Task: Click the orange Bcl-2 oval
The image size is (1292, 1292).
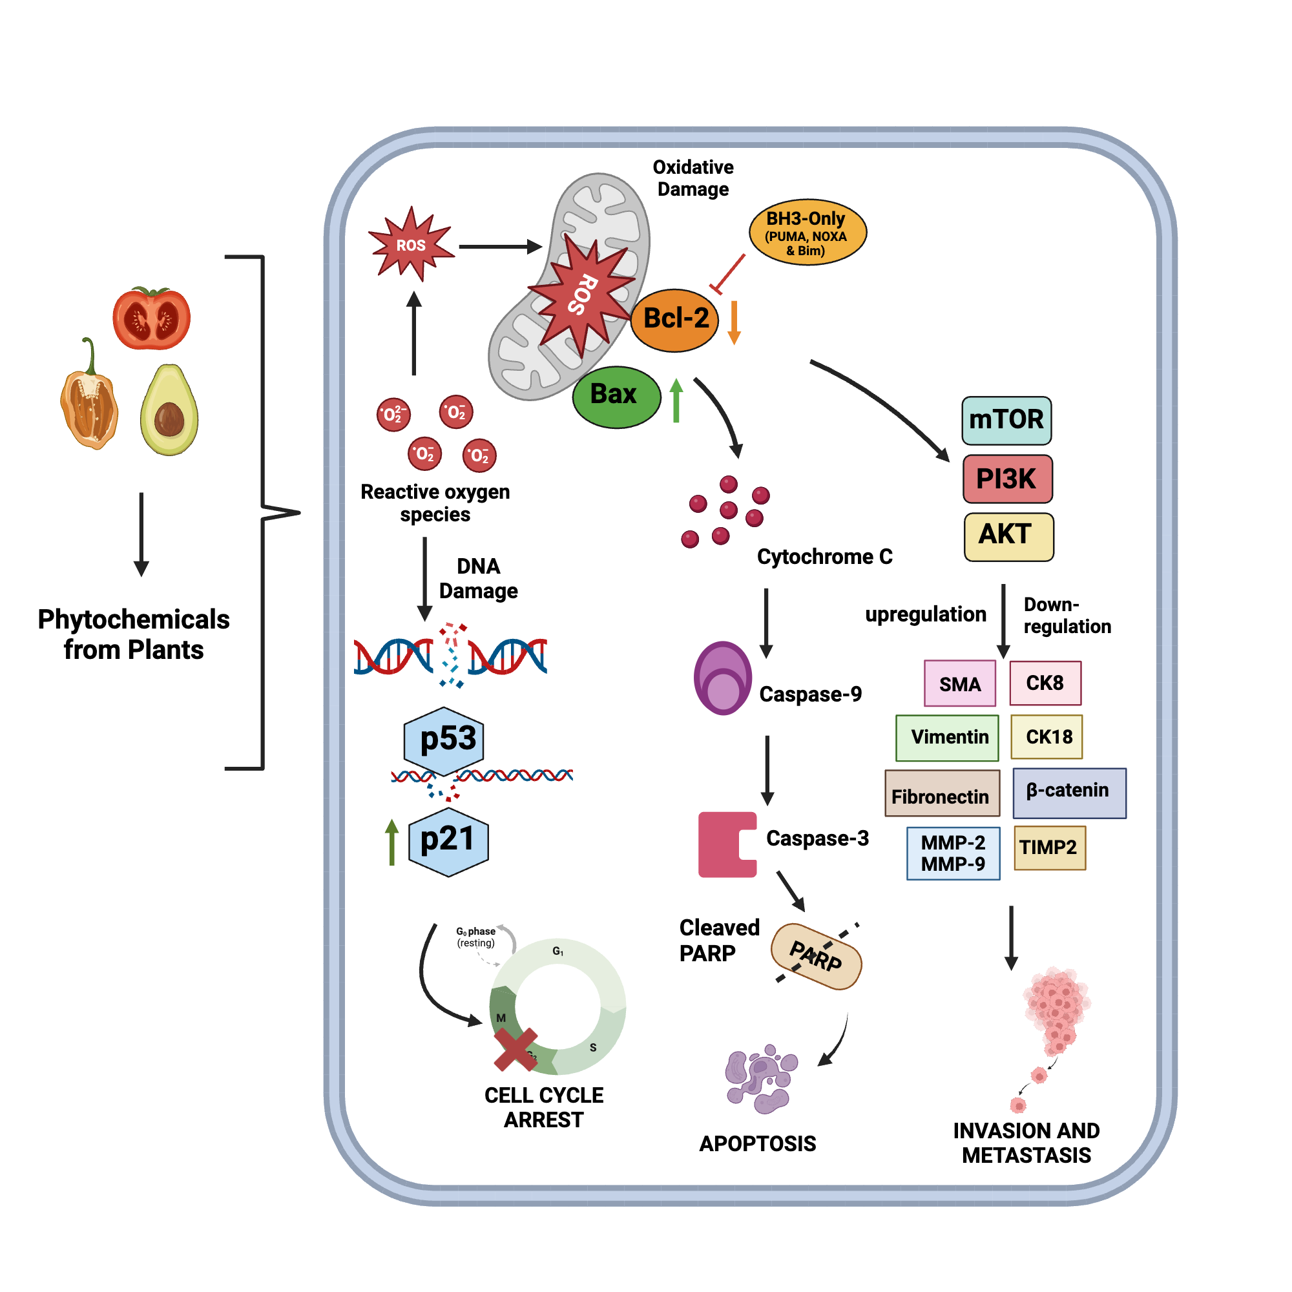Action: pos(674,320)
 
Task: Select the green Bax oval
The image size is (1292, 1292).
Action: pos(616,397)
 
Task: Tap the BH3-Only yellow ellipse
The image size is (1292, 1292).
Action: pos(807,232)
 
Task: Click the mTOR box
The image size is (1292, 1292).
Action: pos(1006,420)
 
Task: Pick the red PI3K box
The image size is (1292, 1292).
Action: pos(1007,479)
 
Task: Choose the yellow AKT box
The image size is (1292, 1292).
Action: pos(1008,536)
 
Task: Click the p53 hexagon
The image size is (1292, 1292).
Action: pos(444,740)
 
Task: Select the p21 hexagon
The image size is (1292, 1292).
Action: pos(448,841)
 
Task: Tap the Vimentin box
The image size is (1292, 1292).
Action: pos(947,738)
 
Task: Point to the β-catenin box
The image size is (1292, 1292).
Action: pos(1068,793)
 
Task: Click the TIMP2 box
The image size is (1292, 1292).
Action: pos(1049,848)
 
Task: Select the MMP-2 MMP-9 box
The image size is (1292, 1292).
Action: pos(953,853)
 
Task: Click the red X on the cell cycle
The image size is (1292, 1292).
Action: pos(516,1048)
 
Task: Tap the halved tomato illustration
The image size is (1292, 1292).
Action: pos(152,318)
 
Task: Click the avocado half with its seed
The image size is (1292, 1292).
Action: pos(169,410)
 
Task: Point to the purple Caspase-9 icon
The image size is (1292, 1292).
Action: pos(722,678)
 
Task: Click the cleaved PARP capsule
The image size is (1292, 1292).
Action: pos(816,956)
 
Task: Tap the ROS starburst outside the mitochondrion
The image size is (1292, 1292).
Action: pos(411,244)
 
